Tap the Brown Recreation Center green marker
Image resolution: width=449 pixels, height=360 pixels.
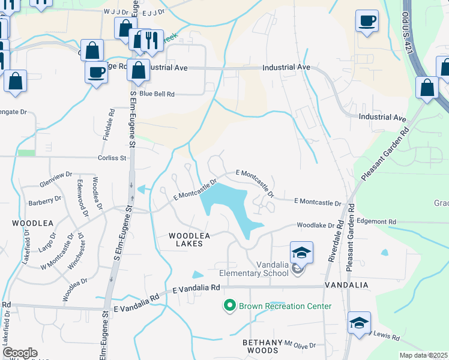click(229, 306)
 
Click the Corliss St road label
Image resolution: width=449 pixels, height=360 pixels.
click(113, 158)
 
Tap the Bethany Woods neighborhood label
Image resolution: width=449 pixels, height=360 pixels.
click(260, 346)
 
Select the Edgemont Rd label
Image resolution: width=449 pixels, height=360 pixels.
click(376, 221)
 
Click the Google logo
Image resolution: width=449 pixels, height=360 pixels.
click(19, 353)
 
